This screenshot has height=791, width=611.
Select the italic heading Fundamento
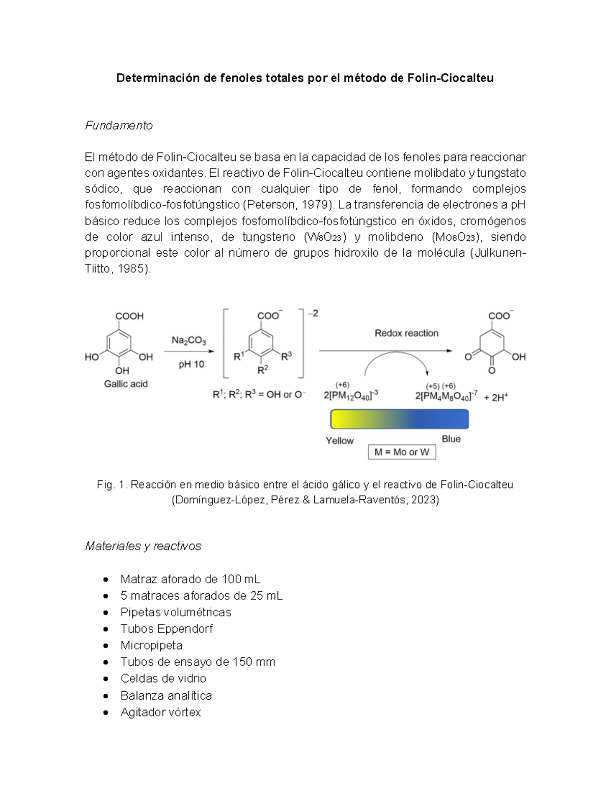pyautogui.click(x=119, y=125)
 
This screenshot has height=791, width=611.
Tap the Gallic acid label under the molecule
pyautogui.click(x=126, y=384)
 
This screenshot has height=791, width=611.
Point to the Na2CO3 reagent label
pyautogui.click(x=188, y=340)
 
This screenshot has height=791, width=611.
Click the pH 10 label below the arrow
pyautogui.click(x=191, y=365)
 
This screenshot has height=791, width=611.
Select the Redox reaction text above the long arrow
pyautogui.click(x=406, y=333)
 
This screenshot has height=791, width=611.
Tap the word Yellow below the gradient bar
pyautogui.click(x=340, y=441)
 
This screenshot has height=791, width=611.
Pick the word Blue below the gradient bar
pyautogui.click(x=451, y=439)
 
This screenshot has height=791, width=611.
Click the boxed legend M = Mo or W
pyautogui.click(x=402, y=452)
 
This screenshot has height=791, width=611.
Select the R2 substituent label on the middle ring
pyautogui.click(x=263, y=370)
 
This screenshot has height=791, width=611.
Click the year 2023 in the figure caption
pyautogui.click(x=424, y=500)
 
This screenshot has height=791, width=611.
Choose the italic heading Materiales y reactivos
pyautogui.click(x=143, y=546)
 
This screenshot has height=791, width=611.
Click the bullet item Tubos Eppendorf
pyautogui.click(x=166, y=629)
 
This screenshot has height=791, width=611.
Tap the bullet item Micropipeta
pyautogui.click(x=151, y=645)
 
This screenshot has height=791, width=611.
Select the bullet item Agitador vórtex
pyautogui.click(x=160, y=712)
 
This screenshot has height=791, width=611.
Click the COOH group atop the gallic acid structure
pyautogui.click(x=129, y=316)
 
